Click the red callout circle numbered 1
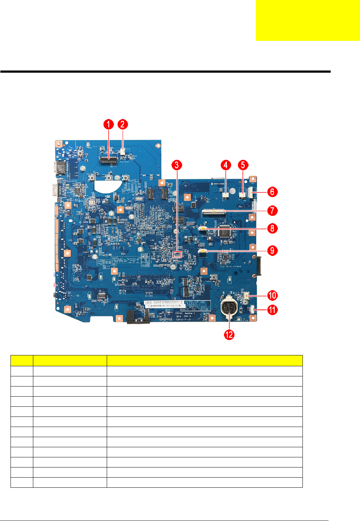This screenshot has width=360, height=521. (x=109, y=124)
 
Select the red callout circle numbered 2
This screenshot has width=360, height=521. (x=123, y=124)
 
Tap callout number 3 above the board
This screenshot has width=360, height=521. (x=177, y=165)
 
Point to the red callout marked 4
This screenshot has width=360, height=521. (x=226, y=165)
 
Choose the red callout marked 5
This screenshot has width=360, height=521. (x=243, y=165)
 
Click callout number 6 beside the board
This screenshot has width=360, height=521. (x=272, y=192)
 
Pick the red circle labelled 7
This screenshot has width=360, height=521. (x=272, y=210)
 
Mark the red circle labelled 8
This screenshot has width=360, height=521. (x=272, y=229)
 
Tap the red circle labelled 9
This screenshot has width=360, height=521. (x=272, y=251)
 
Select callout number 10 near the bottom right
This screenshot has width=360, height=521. (x=272, y=295)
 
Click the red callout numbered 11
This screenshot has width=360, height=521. (x=272, y=310)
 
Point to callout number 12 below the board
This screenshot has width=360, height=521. (x=229, y=335)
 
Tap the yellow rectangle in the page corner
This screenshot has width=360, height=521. (x=308, y=21)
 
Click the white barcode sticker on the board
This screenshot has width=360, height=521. (x=164, y=304)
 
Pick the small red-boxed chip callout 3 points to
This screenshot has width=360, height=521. (x=177, y=255)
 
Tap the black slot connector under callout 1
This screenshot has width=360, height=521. (x=109, y=160)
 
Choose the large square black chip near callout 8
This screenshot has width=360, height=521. (x=224, y=231)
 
